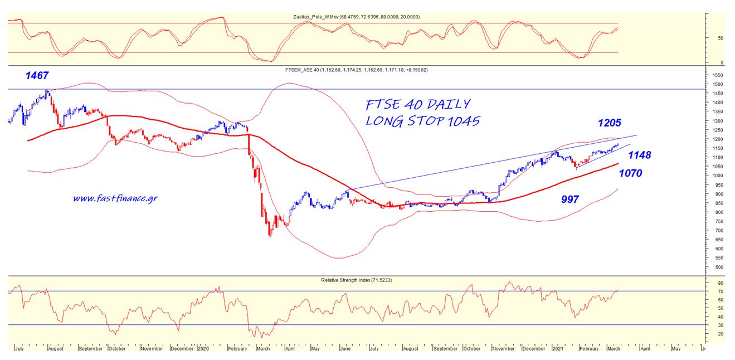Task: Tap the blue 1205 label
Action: pyautogui.click(x=610, y=123)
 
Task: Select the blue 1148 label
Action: pyautogui.click(x=640, y=155)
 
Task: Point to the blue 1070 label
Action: pyautogui.click(x=630, y=173)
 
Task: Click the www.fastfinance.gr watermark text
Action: pyautogui.click(x=115, y=198)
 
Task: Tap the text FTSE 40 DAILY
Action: pyautogui.click(x=418, y=104)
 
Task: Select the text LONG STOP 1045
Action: pyautogui.click(x=422, y=121)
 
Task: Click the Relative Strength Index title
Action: pyautogui.click(x=357, y=279)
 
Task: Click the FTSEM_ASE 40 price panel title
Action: pyautogui.click(x=356, y=70)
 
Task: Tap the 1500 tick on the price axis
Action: pyautogui.click(x=717, y=84)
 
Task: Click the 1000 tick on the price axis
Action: pyautogui.click(x=717, y=176)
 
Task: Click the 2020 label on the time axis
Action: pyautogui.click(x=203, y=349)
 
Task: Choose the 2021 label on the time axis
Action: pyautogui.click(x=558, y=349)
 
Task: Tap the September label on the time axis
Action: pyautogui.click(x=90, y=349)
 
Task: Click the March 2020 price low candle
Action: pyautogui.click(x=270, y=236)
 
